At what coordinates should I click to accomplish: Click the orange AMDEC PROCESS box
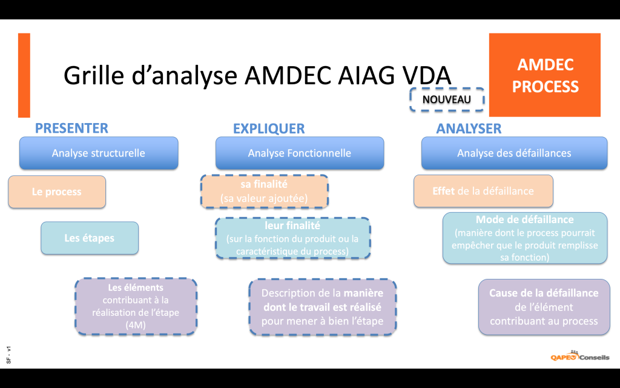(544, 75)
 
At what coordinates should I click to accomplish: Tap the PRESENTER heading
(71, 128)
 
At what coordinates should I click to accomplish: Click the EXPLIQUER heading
(269, 129)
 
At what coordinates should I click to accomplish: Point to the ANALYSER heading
(469, 129)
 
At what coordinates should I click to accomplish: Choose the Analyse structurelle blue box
(99, 153)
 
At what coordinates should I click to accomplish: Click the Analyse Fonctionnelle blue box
(300, 153)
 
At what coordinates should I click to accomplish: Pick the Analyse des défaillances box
(514, 153)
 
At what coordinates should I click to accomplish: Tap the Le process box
(57, 192)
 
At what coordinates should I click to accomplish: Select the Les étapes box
(90, 238)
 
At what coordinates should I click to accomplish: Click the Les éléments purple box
(136, 307)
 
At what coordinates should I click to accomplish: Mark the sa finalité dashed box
(264, 191)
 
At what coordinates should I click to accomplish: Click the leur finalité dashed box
(292, 238)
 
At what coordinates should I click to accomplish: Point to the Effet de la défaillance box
(483, 191)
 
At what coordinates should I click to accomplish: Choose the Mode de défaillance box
(524, 238)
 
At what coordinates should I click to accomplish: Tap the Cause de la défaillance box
(544, 307)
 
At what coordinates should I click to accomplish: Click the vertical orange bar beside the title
(24, 75)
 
